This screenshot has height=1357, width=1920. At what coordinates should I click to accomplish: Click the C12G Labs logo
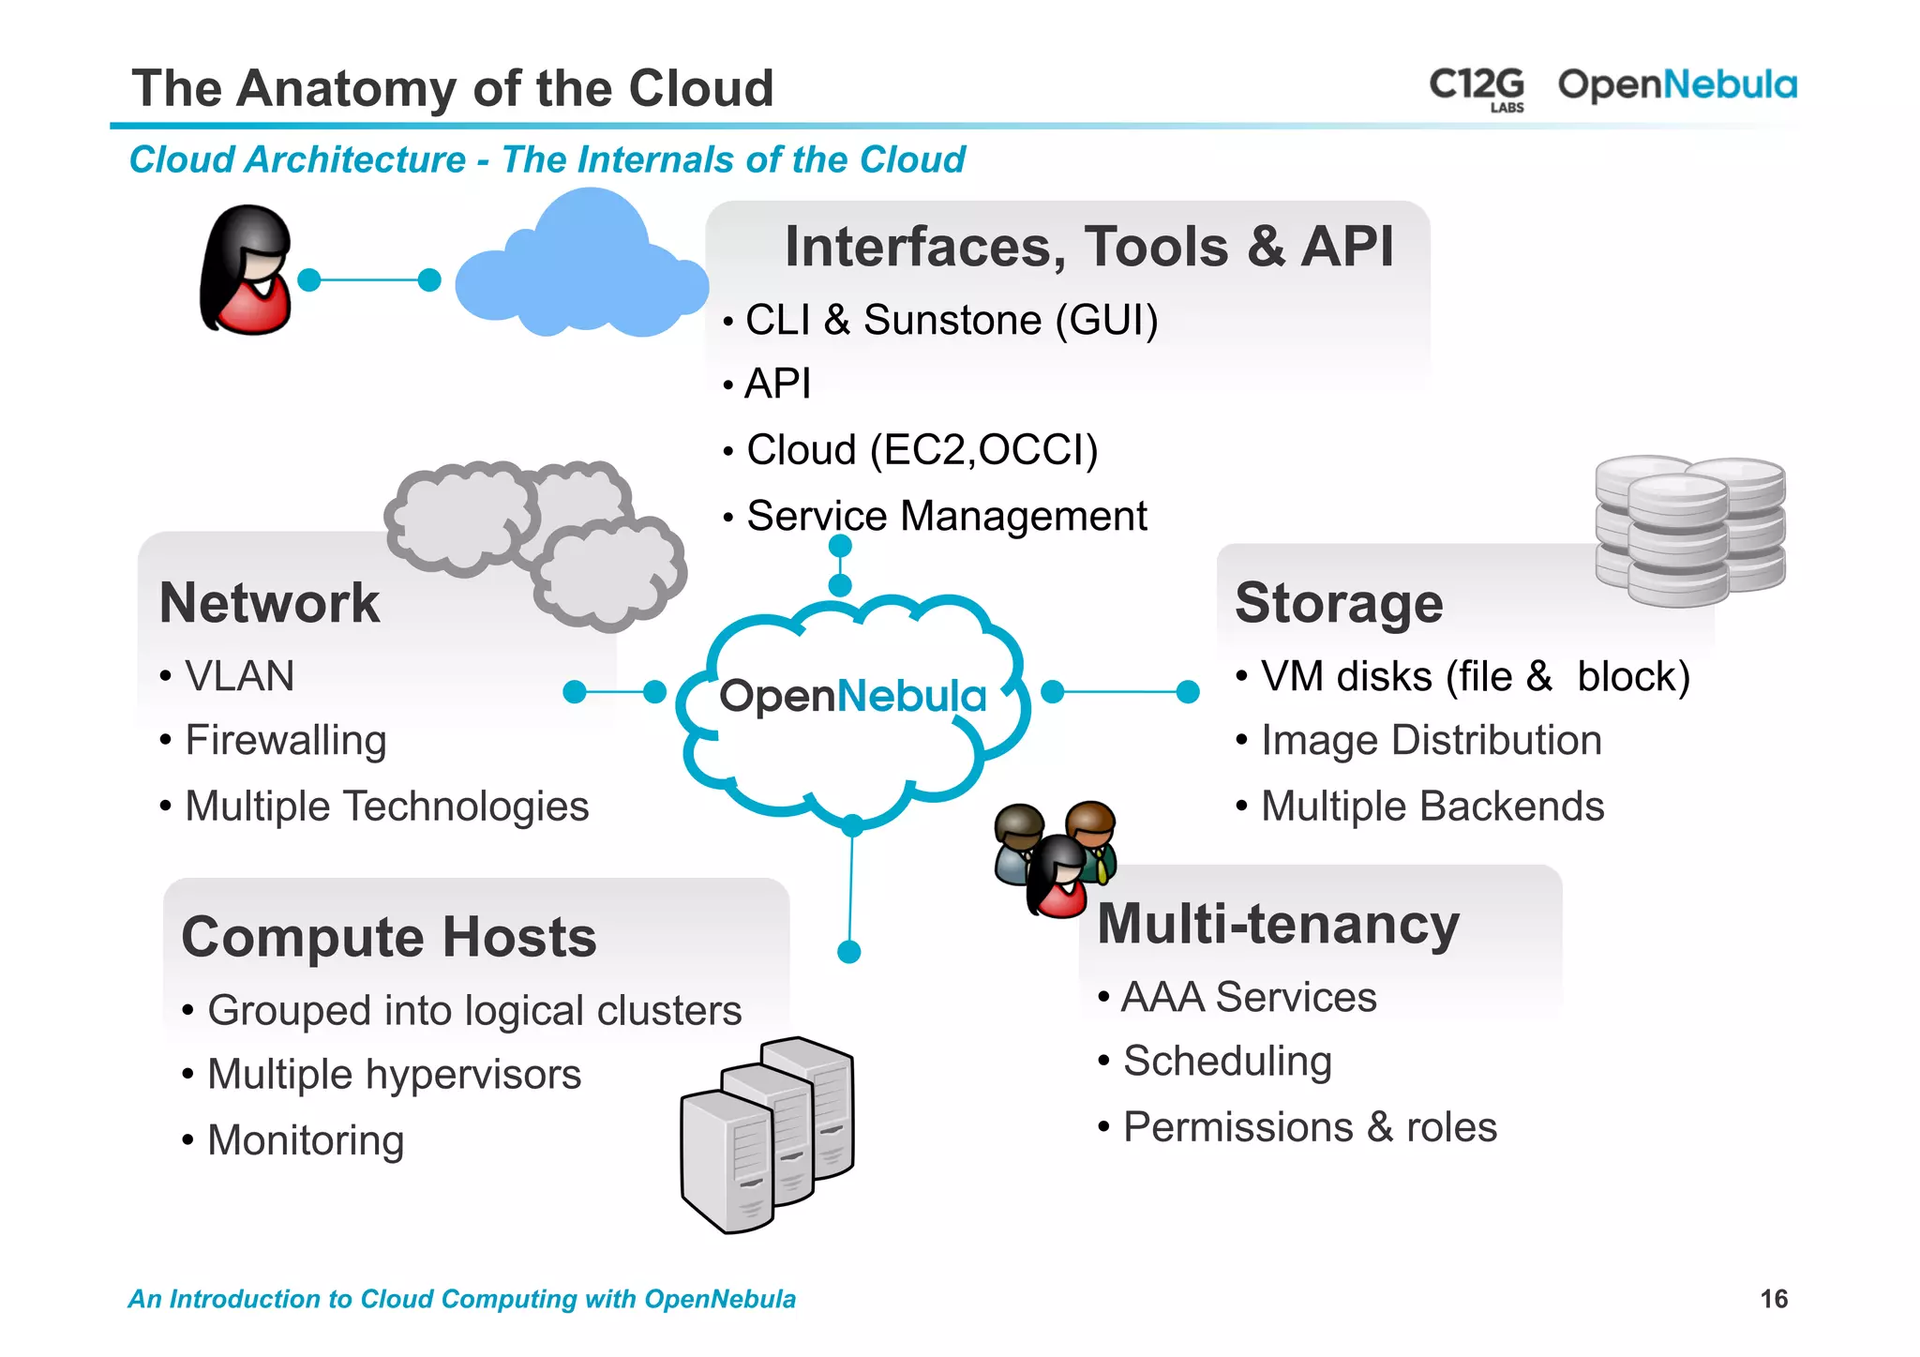click(x=1477, y=88)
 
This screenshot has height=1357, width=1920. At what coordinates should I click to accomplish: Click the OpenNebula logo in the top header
click(x=1676, y=85)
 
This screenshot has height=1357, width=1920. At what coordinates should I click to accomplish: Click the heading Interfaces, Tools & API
click(x=1088, y=247)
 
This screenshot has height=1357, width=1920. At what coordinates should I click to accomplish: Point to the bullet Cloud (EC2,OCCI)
click(x=922, y=450)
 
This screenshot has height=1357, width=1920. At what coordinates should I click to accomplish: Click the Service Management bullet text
click(x=946, y=516)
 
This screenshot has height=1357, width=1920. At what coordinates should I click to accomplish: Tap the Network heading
click(x=270, y=602)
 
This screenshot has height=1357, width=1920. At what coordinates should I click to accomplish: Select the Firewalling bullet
click(x=285, y=740)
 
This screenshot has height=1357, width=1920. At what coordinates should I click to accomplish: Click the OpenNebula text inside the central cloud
click(x=852, y=697)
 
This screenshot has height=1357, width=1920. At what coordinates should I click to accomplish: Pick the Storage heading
click(x=1339, y=602)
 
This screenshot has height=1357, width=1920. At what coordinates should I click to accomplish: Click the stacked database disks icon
click(x=1689, y=529)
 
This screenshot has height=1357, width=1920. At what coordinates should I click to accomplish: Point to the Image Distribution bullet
click(x=1431, y=740)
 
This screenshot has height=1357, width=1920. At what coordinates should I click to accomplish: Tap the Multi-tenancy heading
click(x=1278, y=924)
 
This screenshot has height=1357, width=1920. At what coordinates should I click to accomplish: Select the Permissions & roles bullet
click(x=1309, y=1127)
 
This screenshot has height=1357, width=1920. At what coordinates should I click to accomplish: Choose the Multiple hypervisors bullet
click(x=394, y=1075)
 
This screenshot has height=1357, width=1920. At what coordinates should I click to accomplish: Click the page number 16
click(x=1773, y=1299)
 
